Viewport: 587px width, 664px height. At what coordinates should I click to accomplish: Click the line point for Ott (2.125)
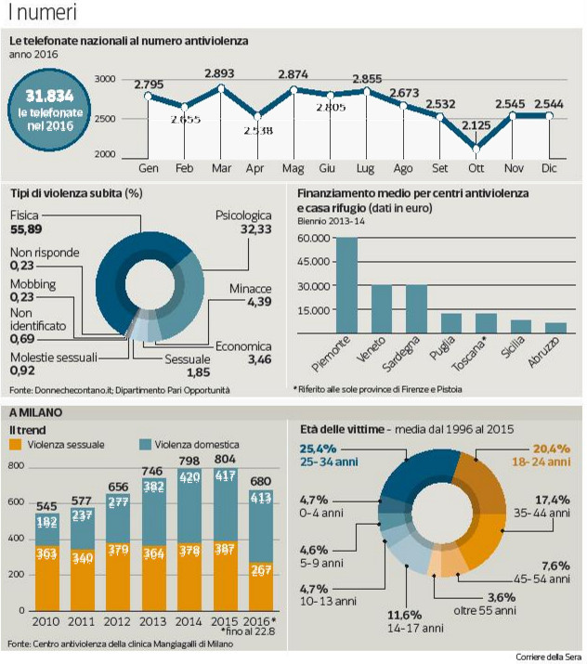pos(476,148)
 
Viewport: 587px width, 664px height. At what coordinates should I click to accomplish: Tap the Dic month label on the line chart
pos(548,169)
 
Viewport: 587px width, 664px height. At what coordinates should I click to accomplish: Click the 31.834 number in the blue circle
pos(49,96)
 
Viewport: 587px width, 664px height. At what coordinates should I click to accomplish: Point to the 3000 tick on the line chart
pos(105,80)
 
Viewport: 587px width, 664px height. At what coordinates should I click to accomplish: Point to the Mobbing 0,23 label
pos(33,290)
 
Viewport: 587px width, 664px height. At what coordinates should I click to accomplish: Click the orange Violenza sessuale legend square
pos(16,445)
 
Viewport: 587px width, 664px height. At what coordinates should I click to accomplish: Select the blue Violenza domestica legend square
pos(144,445)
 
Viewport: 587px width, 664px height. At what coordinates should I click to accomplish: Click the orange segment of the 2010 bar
pos(46,575)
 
